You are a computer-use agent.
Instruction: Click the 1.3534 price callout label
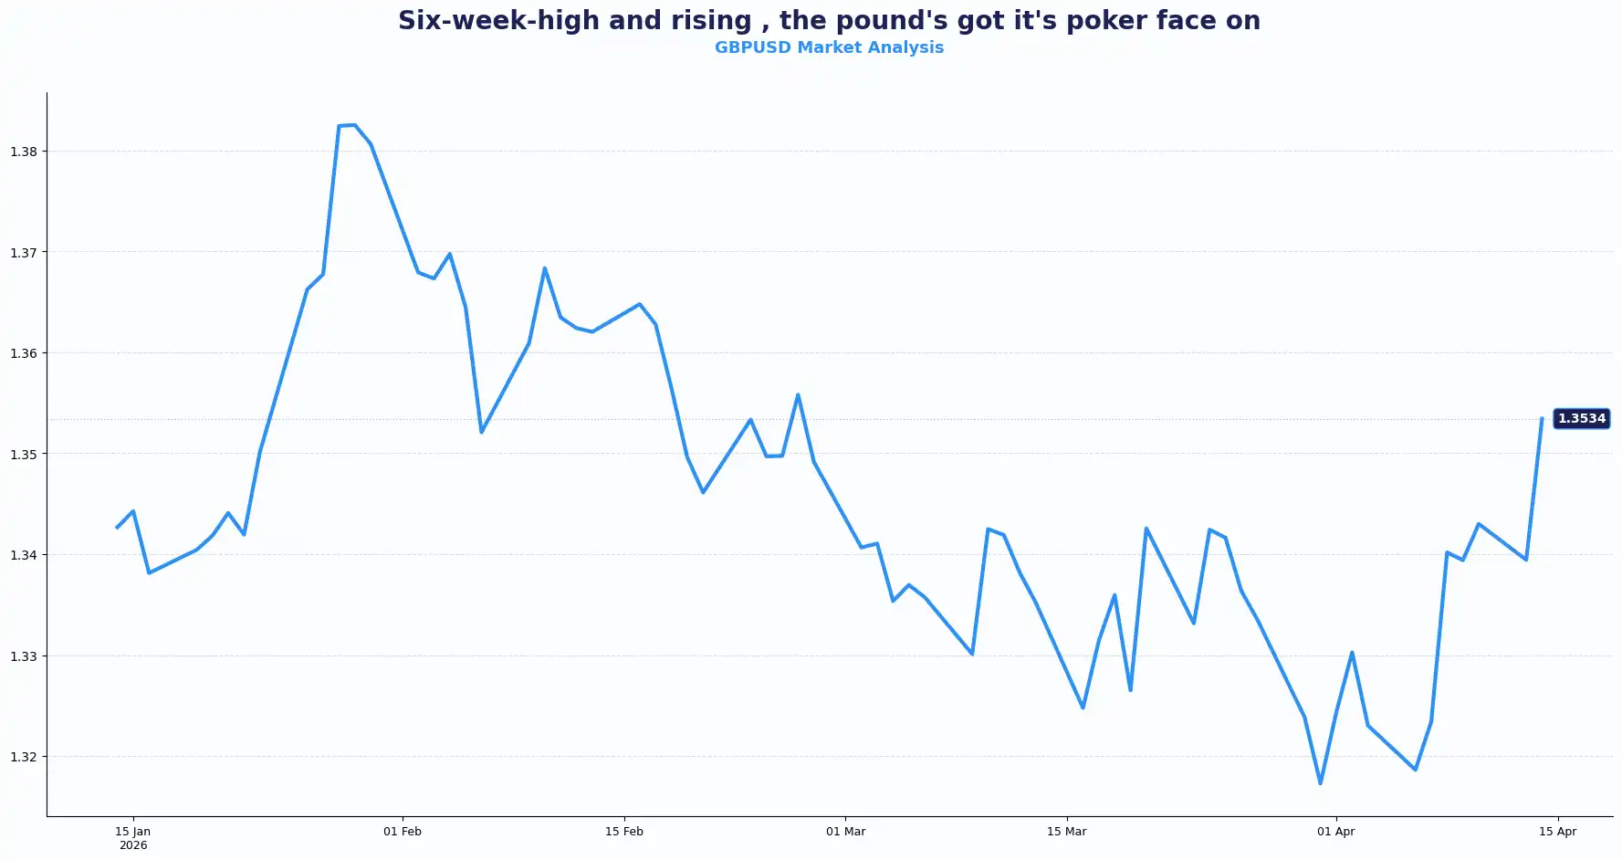tap(1581, 419)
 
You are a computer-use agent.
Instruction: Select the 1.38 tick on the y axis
tap(24, 152)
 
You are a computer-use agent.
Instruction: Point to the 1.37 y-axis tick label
tap(24, 253)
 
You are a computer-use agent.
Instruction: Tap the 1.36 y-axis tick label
tap(24, 353)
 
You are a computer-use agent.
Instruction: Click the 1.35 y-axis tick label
tap(24, 455)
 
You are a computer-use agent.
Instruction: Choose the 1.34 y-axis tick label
tap(24, 555)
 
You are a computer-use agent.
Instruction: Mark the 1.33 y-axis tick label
tap(24, 656)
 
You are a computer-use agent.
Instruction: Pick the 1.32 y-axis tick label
tap(24, 757)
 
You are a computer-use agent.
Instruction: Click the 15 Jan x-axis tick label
tap(133, 832)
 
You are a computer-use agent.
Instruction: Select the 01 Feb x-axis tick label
tap(403, 832)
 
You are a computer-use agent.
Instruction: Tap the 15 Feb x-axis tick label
tap(624, 832)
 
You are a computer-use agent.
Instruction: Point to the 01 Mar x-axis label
tap(846, 832)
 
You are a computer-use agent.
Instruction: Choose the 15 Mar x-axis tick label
tap(1067, 832)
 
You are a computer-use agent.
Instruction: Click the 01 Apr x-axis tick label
tap(1336, 832)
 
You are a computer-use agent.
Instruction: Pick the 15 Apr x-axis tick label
tap(1558, 832)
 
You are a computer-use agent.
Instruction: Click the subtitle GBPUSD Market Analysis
tap(829, 47)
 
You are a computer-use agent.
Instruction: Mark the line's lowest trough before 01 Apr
tap(1320, 783)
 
